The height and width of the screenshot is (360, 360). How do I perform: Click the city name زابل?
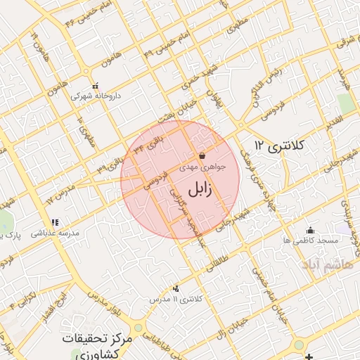click(x=203, y=190)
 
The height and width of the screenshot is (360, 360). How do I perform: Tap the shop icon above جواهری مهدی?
click(x=202, y=156)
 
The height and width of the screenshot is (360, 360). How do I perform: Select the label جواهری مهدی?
click(x=203, y=167)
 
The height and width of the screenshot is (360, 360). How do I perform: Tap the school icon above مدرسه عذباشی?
click(x=54, y=221)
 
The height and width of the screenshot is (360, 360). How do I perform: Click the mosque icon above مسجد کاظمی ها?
click(x=310, y=230)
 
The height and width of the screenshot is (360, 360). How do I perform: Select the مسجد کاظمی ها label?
click(x=310, y=240)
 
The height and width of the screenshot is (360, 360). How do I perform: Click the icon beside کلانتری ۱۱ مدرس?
click(x=175, y=288)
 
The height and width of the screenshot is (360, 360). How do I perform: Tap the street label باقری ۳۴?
click(x=158, y=143)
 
